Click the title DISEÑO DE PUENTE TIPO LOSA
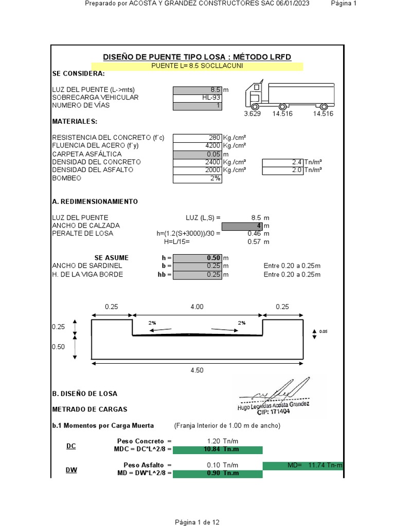pyautogui.click(x=197, y=57)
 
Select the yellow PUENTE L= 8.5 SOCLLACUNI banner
pyautogui.click(x=197, y=66)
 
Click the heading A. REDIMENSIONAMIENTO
pyautogui.click(x=95, y=202)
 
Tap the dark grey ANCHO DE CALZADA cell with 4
pyautogui.click(x=242, y=226)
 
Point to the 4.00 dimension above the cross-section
pyautogui.click(x=196, y=307)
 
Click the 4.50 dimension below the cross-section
pyautogui.click(x=196, y=370)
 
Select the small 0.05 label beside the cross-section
pyautogui.click(x=323, y=332)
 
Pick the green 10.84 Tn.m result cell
pyautogui.click(x=218, y=450)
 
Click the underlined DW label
pyautogui.click(x=71, y=469)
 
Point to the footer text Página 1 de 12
pyautogui.click(x=197, y=522)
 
